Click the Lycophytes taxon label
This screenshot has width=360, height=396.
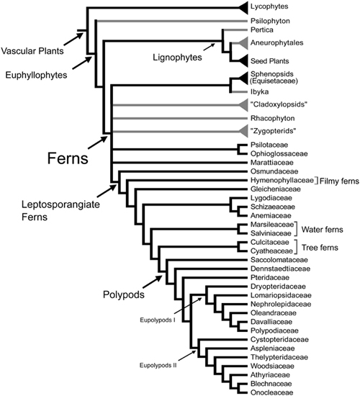point(269,6)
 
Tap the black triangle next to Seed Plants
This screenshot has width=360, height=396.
point(243,61)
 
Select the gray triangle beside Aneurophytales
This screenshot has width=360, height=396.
point(243,42)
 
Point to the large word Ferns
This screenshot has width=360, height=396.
point(68,158)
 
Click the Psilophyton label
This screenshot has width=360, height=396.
point(270,21)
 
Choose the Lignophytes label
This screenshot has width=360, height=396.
point(177,58)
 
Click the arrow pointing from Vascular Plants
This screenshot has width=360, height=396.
point(73,39)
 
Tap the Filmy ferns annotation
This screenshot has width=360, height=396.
point(339,181)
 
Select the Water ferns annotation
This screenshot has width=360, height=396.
point(322,230)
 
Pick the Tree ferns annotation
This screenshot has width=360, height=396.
point(320,248)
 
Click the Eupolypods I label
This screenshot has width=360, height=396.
point(158,320)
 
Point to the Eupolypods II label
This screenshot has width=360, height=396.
point(158,365)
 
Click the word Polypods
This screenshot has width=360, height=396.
point(124,294)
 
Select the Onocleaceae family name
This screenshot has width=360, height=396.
point(272,392)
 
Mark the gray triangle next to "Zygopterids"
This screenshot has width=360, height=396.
point(243,131)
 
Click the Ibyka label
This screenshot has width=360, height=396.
point(259,91)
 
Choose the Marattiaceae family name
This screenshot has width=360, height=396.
point(272,163)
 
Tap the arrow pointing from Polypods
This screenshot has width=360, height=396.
point(153,282)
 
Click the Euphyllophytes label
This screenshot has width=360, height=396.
point(37,75)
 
